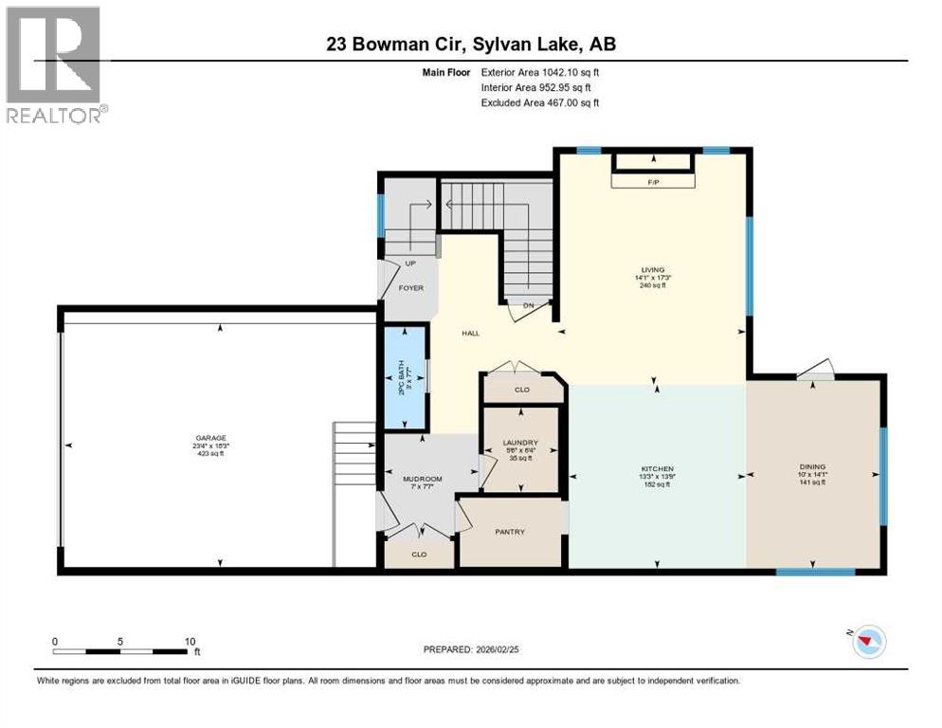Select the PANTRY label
[509, 532]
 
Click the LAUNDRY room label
[520, 443]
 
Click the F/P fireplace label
[653, 180]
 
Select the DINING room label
[812, 466]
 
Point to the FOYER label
[410, 287]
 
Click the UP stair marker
[409, 264]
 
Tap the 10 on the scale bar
[190, 641]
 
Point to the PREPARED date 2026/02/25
[471, 650]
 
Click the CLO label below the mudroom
[418, 554]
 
